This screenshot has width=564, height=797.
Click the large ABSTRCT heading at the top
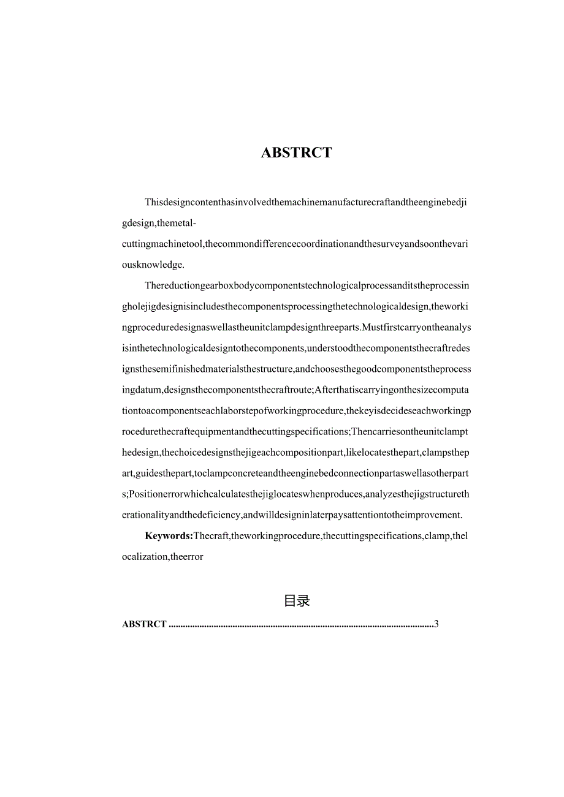296,153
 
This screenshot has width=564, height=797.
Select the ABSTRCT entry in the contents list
144,624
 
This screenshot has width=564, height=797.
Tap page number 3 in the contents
436,624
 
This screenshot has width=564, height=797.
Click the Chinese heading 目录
297,601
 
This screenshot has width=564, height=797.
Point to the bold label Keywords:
169,536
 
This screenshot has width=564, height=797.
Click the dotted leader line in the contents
300,625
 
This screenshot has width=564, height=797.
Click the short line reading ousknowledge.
153,265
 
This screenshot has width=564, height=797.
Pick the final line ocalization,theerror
162,557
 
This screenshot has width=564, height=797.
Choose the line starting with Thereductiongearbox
307,285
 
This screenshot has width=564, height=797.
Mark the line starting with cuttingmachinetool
297,244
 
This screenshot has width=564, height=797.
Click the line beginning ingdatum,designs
297,390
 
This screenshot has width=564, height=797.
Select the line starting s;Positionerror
297,494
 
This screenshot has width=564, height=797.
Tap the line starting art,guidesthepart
297,473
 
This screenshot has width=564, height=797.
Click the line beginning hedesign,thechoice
297,452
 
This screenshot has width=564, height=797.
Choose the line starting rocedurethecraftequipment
297,431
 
